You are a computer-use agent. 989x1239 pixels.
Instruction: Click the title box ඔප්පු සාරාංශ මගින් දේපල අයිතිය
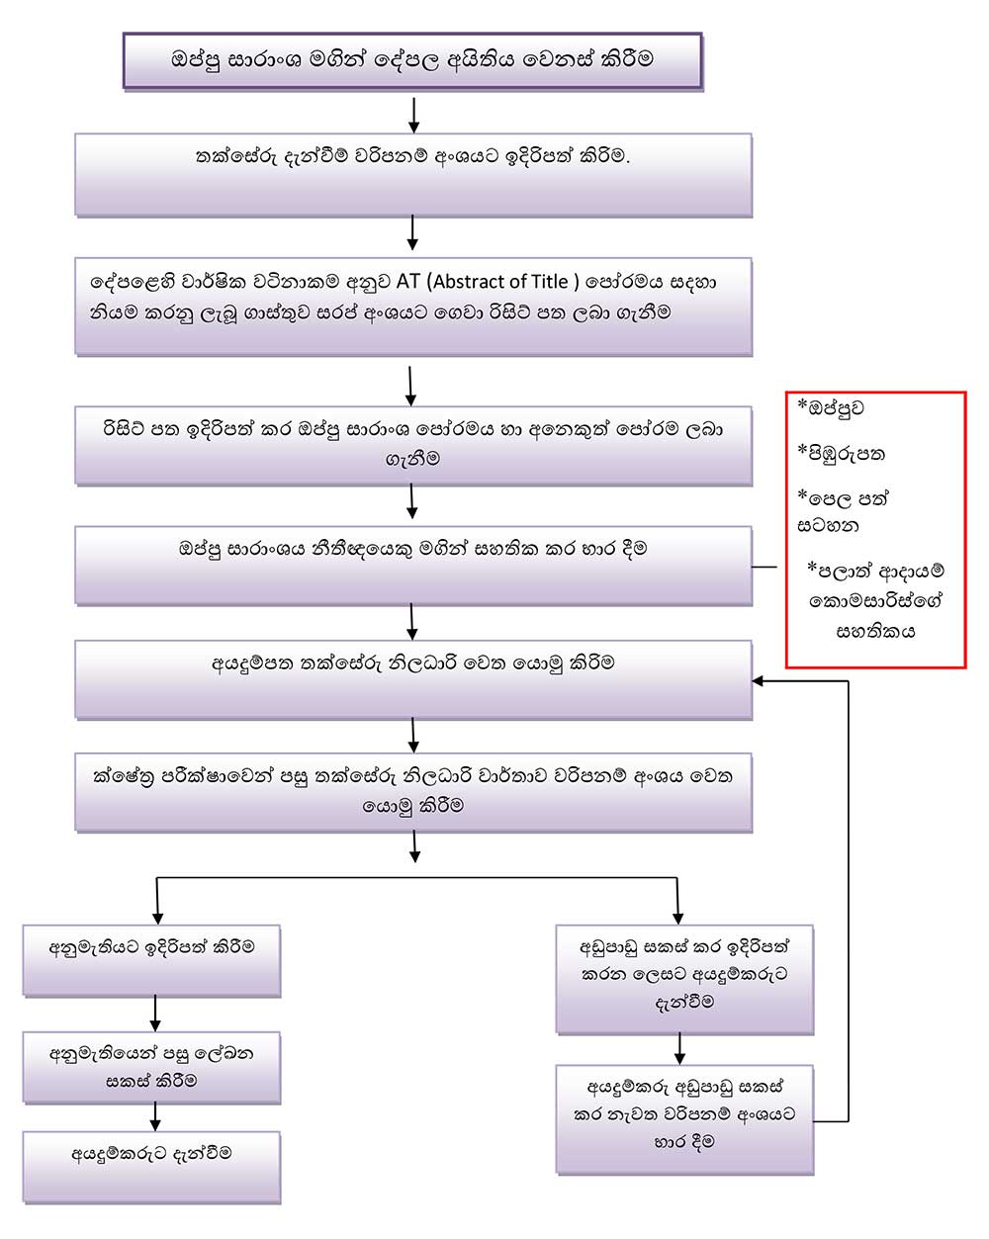[x=412, y=59]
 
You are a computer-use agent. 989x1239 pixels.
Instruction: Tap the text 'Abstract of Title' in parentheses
[x=502, y=282]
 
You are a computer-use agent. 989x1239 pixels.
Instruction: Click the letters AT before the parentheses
[x=408, y=282]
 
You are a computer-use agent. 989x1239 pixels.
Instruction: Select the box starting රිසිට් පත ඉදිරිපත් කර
[x=412, y=444]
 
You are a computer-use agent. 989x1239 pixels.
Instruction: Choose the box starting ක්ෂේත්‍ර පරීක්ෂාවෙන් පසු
[x=412, y=791]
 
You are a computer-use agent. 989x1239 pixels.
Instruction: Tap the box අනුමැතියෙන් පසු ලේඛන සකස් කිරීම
[x=152, y=1067]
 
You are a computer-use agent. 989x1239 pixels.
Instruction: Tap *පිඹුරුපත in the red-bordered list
[x=842, y=455]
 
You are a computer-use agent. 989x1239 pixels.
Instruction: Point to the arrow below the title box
[x=413, y=114]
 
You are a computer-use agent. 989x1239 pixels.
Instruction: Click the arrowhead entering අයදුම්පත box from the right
[x=759, y=681]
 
